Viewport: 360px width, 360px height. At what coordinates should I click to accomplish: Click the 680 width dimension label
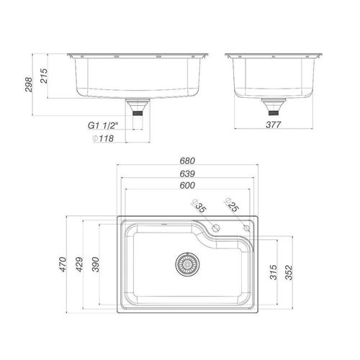tap(187, 161)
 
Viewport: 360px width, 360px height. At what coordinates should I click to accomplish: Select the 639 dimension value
tap(187, 174)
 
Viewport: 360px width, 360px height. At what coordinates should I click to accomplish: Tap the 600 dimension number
tap(187, 185)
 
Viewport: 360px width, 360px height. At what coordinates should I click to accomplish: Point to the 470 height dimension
tap(63, 264)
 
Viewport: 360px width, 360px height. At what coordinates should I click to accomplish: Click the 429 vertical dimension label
tap(79, 264)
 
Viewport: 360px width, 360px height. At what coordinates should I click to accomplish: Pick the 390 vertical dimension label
tap(96, 264)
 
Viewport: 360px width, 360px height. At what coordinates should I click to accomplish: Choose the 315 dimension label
tap(274, 272)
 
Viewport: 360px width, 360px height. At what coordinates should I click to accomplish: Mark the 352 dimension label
tap(289, 272)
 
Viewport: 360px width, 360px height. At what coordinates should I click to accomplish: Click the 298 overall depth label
tap(29, 84)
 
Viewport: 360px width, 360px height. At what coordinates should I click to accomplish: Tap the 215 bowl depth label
tap(44, 76)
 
